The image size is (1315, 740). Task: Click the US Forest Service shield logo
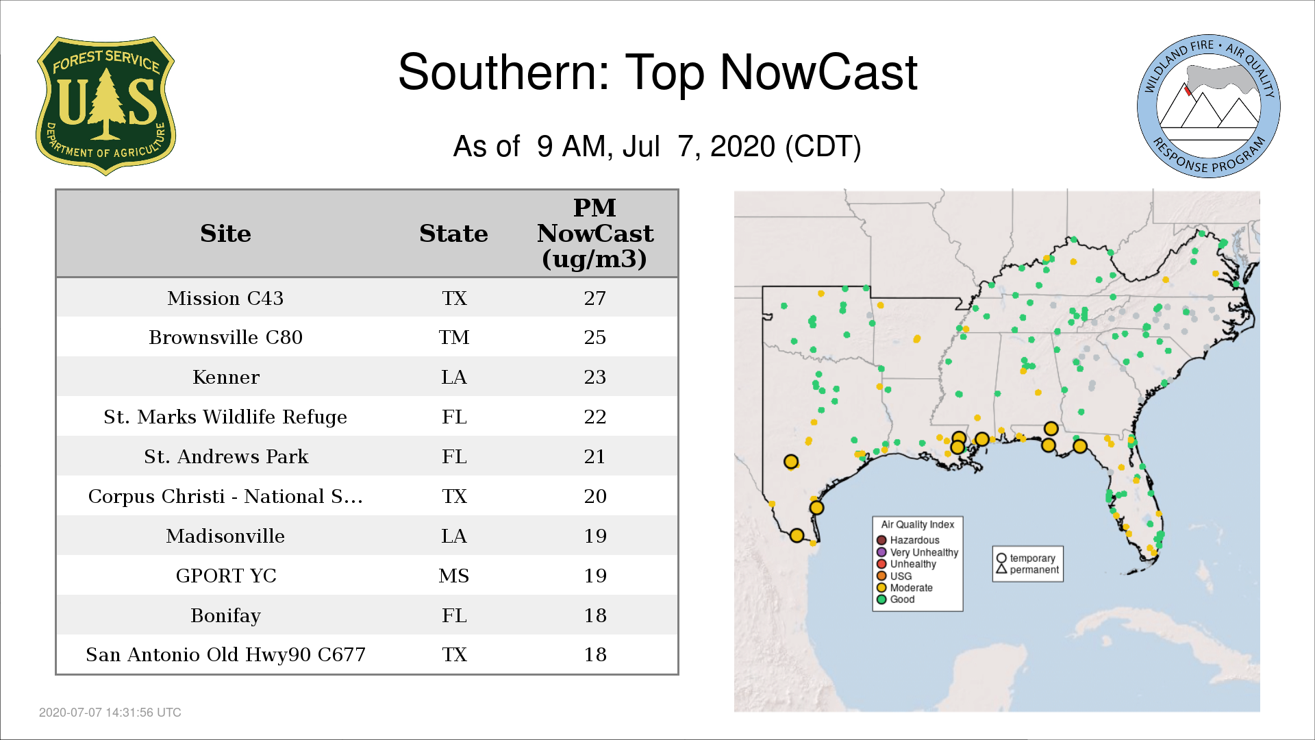point(105,106)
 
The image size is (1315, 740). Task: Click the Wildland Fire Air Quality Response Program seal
point(1209,106)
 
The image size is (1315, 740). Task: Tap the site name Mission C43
point(225,298)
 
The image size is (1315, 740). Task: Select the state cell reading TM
point(454,337)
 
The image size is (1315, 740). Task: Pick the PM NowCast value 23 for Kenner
point(595,377)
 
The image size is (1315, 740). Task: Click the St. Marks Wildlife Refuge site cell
point(225,417)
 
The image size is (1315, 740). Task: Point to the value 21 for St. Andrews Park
point(595,456)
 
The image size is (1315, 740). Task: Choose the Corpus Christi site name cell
point(225,496)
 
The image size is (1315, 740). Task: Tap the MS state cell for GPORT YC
point(454,576)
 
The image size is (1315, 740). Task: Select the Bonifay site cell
point(225,615)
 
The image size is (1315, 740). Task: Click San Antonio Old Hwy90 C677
point(225,654)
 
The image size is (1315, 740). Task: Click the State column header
point(453,234)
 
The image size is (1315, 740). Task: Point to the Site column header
point(225,234)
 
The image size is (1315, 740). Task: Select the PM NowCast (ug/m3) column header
point(595,233)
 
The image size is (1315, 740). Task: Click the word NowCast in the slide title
point(818,72)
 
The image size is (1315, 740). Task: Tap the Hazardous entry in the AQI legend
point(909,540)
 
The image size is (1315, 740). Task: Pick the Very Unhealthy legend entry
point(918,552)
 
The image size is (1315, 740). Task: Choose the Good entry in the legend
point(896,600)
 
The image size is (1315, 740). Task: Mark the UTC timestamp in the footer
point(110,713)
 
